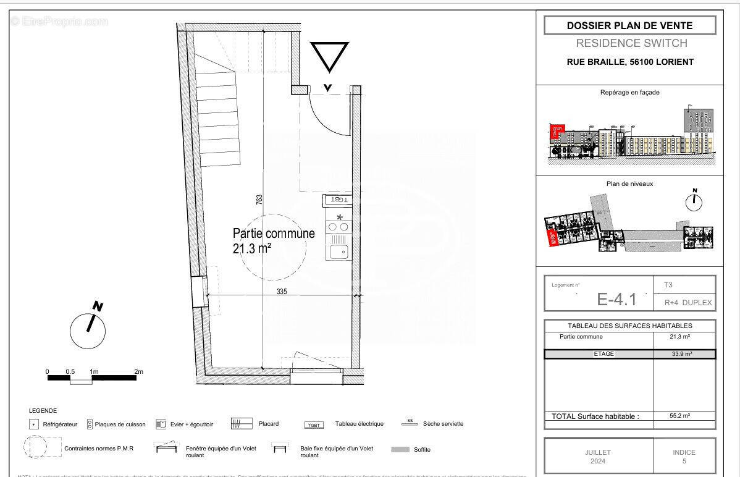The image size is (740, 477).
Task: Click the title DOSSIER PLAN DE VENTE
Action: click(629, 25)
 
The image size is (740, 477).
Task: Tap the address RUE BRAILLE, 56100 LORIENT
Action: click(630, 62)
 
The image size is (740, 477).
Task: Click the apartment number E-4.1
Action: click(616, 300)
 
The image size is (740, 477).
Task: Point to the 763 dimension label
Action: click(260, 199)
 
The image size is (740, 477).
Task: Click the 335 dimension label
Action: click(282, 291)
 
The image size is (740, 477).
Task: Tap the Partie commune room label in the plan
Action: click(274, 234)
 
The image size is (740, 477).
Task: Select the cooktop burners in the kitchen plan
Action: click(338, 227)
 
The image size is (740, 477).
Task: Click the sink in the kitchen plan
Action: click(338, 251)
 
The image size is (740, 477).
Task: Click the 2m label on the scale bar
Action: click(138, 371)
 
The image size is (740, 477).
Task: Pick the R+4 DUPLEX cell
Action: click(688, 303)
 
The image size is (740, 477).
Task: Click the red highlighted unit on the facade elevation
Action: click(557, 130)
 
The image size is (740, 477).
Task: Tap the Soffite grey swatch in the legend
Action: click(400, 449)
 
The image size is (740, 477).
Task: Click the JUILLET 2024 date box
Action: click(597, 457)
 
